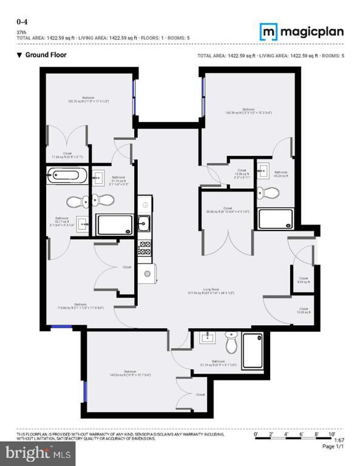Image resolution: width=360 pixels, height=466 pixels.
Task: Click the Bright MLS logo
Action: tap(38, 452)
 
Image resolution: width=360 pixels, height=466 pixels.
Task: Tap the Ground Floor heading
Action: tap(42, 55)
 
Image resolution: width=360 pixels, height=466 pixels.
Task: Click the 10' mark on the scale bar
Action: tap(332, 435)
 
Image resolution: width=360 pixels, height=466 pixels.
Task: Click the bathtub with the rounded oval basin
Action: tap(64, 177)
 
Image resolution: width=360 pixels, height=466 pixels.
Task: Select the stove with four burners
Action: tap(145, 248)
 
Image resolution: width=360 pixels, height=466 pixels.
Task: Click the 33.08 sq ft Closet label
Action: tap(227, 209)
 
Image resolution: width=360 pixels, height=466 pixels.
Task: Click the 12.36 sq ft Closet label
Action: tap(242, 172)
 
